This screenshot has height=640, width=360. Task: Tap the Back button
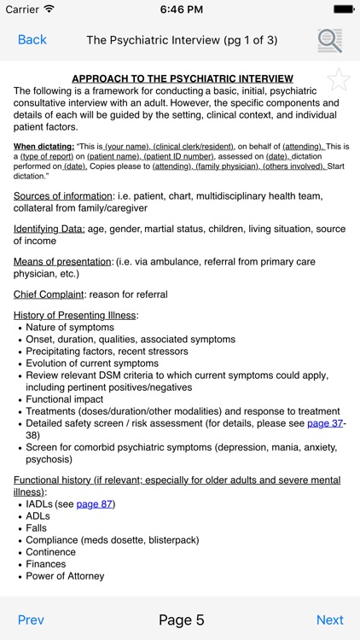[32, 40]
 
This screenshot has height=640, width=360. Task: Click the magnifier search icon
[329, 40]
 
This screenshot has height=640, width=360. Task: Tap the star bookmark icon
[339, 80]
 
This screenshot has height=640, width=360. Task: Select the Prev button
[31, 620]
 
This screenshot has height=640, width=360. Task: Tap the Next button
[329, 620]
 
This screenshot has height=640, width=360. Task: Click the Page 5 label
[181, 620]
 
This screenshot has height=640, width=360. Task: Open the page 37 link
[324, 423]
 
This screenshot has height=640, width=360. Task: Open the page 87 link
[95, 503]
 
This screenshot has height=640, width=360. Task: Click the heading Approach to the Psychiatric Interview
[182, 79]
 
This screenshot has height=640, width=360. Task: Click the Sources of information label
[62, 195]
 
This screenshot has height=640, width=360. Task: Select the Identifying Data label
[49, 229]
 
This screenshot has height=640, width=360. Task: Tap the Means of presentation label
[62, 261]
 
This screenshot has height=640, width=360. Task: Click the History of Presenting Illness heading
[75, 315]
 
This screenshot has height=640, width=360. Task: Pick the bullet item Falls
[38, 528]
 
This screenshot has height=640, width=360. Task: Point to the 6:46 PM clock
[180, 9]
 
